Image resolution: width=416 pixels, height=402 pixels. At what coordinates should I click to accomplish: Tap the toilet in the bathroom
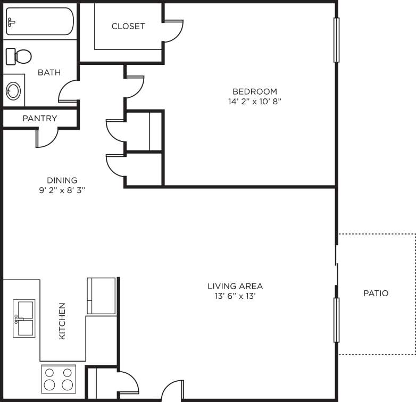[18, 56]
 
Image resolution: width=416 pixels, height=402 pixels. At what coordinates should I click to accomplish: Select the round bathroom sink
[13, 90]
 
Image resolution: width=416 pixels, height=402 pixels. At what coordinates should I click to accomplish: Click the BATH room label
[49, 72]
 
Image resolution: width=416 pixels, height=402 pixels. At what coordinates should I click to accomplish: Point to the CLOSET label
[128, 26]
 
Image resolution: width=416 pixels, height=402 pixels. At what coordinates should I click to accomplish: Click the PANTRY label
[39, 118]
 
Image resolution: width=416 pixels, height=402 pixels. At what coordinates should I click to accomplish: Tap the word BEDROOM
[254, 91]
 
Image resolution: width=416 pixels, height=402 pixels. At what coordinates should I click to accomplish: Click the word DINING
[62, 180]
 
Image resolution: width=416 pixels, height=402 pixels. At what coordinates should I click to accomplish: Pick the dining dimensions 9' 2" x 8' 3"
[58, 190]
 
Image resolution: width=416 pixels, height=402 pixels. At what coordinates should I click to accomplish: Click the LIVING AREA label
[235, 286]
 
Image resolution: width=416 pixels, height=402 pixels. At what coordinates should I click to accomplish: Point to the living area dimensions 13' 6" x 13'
[235, 296]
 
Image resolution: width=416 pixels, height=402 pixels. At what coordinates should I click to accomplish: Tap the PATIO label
[376, 293]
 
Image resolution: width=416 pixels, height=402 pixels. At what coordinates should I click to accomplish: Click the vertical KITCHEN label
[62, 321]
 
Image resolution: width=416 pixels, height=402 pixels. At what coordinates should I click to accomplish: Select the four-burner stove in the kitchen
[59, 379]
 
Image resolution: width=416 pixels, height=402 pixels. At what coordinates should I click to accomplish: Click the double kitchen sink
[24, 319]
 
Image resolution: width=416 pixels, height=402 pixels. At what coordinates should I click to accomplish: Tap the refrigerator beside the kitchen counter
[101, 296]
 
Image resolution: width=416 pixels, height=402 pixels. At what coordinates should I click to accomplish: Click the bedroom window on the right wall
[336, 40]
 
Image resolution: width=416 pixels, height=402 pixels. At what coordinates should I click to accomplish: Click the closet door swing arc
[173, 31]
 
